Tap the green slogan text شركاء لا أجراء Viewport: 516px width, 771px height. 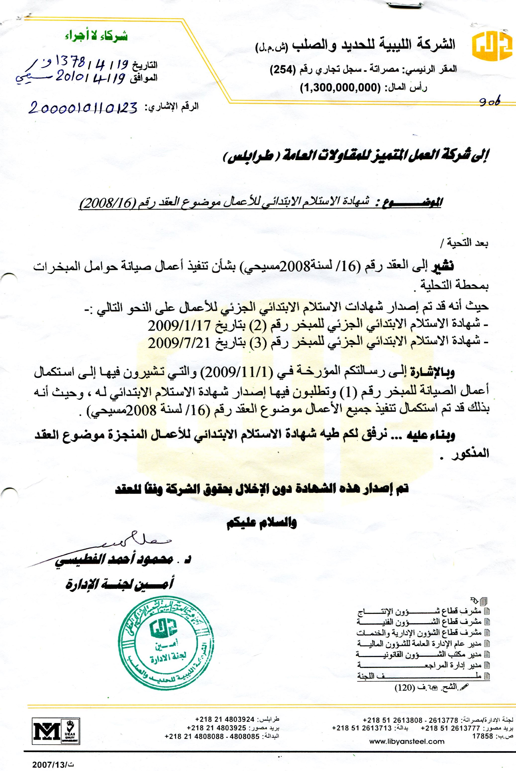pos(96,36)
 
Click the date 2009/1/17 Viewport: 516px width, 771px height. pos(179,325)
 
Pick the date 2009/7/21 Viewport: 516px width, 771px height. pos(179,343)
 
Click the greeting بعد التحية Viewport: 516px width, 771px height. pos(464,243)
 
